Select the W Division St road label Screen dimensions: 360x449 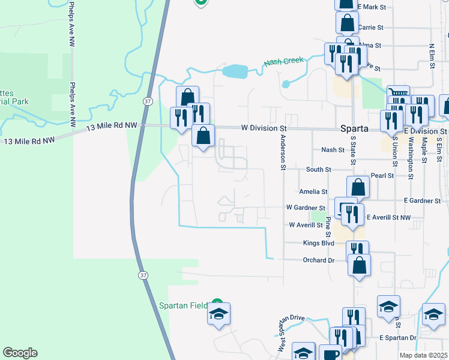tap(264, 128)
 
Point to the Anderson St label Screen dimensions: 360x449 tap(282, 152)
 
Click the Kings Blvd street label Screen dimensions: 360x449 tap(319, 244)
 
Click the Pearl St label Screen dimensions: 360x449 tap(382, 176)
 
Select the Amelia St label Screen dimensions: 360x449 tap(314, 191)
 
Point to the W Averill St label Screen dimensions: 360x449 tap(306, 225)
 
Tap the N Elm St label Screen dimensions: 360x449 tap(432, 58)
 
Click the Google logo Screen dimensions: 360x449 tap(20, 353)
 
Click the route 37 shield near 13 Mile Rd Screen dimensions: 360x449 tap(148, 101)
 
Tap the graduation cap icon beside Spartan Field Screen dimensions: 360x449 tap(219, 314)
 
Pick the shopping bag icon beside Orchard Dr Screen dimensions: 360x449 tap(359, 266)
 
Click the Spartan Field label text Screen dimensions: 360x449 tap(183, 305)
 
